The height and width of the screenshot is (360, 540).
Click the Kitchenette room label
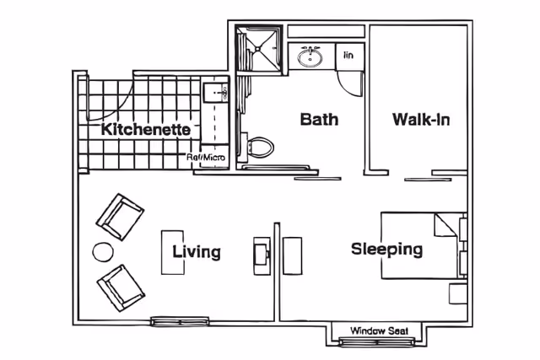pos(146,129)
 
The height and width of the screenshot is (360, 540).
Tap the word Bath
pos(319,119)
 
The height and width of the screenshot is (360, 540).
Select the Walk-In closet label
pos(421,120)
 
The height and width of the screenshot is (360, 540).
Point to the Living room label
pos(197,252)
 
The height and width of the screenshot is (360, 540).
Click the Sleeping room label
pos(386,250)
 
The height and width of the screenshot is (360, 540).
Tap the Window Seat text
pos(379,330)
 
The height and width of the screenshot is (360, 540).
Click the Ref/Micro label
pos(206,158)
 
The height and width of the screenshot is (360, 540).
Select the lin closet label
pos(348,55)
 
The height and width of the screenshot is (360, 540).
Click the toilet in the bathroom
pos(258,148)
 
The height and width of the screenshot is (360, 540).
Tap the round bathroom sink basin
pos(310,57)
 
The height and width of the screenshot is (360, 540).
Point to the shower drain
pos(258,49)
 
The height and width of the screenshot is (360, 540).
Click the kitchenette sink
pos(216,93)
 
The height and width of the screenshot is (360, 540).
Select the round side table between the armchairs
pos(103,252)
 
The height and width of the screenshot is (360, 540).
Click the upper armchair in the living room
pos(120,217)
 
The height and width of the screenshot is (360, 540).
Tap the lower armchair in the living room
pos(121,287)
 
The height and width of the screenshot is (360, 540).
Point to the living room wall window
pos(180,321)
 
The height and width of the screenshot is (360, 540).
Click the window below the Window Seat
pos(377,341)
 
